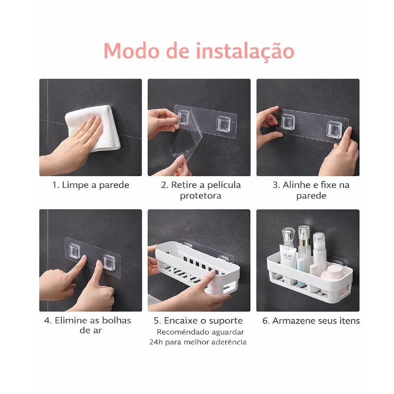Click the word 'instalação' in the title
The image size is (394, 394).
coord(245,51)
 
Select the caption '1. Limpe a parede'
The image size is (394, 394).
coord(90,185)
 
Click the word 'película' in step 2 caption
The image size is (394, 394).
coord(223,185)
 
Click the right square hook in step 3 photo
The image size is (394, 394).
coord(334,130)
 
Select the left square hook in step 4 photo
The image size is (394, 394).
coord(74,251)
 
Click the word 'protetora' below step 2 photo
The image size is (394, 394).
coord(200,196)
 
